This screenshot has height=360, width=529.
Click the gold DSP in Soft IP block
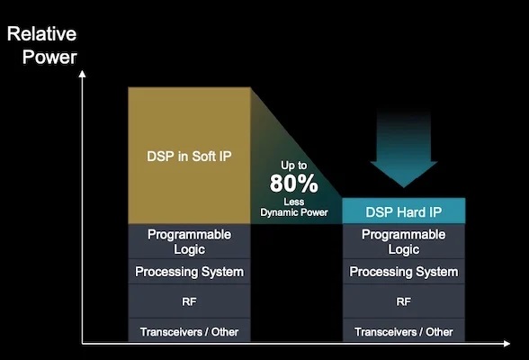189,156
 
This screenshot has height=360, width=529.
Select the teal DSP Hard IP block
404,211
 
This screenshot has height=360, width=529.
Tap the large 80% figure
294,184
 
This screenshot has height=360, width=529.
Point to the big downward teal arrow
404,148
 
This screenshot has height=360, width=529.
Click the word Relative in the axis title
41,33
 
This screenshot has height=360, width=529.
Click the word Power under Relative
49,57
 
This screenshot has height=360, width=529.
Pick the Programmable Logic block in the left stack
189,241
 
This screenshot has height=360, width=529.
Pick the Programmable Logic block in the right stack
404,241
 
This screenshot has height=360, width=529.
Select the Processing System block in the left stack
189,272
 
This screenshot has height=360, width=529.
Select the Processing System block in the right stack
404,272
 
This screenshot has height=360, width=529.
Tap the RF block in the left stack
189,301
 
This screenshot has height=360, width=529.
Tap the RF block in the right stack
404,301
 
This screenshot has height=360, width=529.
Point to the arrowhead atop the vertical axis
83,74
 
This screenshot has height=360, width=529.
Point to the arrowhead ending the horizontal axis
507,344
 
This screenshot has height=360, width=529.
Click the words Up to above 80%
294,166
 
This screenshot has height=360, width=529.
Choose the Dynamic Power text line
294,212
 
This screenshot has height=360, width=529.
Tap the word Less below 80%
294,202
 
